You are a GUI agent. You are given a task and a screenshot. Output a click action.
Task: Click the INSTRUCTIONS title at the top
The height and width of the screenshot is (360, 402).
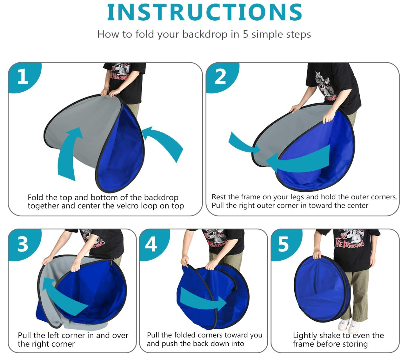tap(204, 12)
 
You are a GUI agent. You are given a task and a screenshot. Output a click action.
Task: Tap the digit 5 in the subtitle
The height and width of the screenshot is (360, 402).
tap(245, 34)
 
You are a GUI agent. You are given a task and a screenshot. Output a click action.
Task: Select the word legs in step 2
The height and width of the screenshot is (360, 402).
tap(297, 197)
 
